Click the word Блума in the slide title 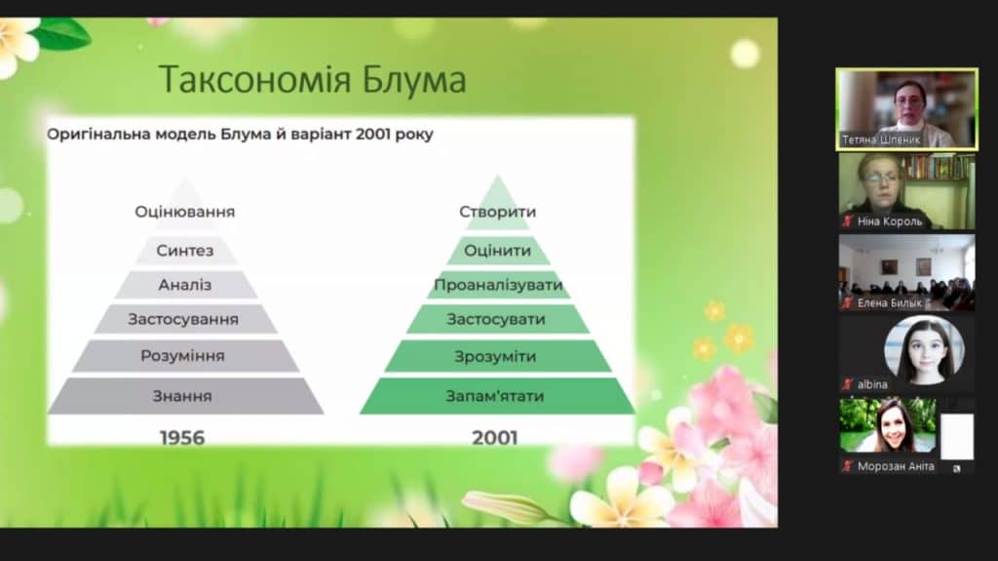pos(413,80)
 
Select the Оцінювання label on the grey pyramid pos(184,212)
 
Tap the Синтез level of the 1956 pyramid pos(185,251)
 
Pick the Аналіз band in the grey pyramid pos(185,285)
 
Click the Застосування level pos(184,319)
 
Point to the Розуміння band pos(183,356)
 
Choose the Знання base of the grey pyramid pos(183,396)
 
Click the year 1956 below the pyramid pos(182,438)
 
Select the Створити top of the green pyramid pos(498,212)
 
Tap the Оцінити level pos(498,251)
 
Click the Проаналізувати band pos(498,285)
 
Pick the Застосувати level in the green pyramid pos(497,319)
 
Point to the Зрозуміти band pos(496,356)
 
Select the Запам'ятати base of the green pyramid pos(496,396)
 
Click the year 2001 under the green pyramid pos(494,438)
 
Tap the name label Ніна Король pos(889,221)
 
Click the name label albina pos(872,384)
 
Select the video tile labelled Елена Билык pos(906,273)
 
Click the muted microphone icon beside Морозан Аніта pos(847,466)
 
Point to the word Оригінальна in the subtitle pos(98,135)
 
